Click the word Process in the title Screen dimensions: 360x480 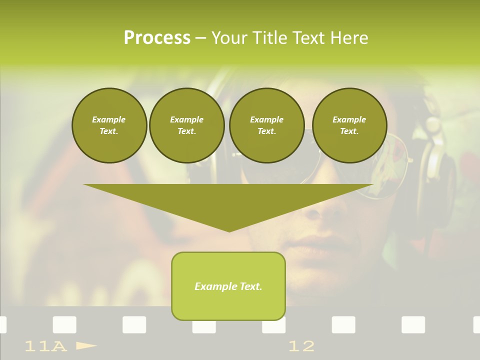pos(157,38)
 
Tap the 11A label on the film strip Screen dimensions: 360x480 pos(45,346)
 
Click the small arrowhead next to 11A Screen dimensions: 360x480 pos(86,345)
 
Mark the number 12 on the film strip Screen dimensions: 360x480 pos(301,346)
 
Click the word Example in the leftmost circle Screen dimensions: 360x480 pos(109,119)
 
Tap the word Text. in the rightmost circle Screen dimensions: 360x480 pos(349,131)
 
